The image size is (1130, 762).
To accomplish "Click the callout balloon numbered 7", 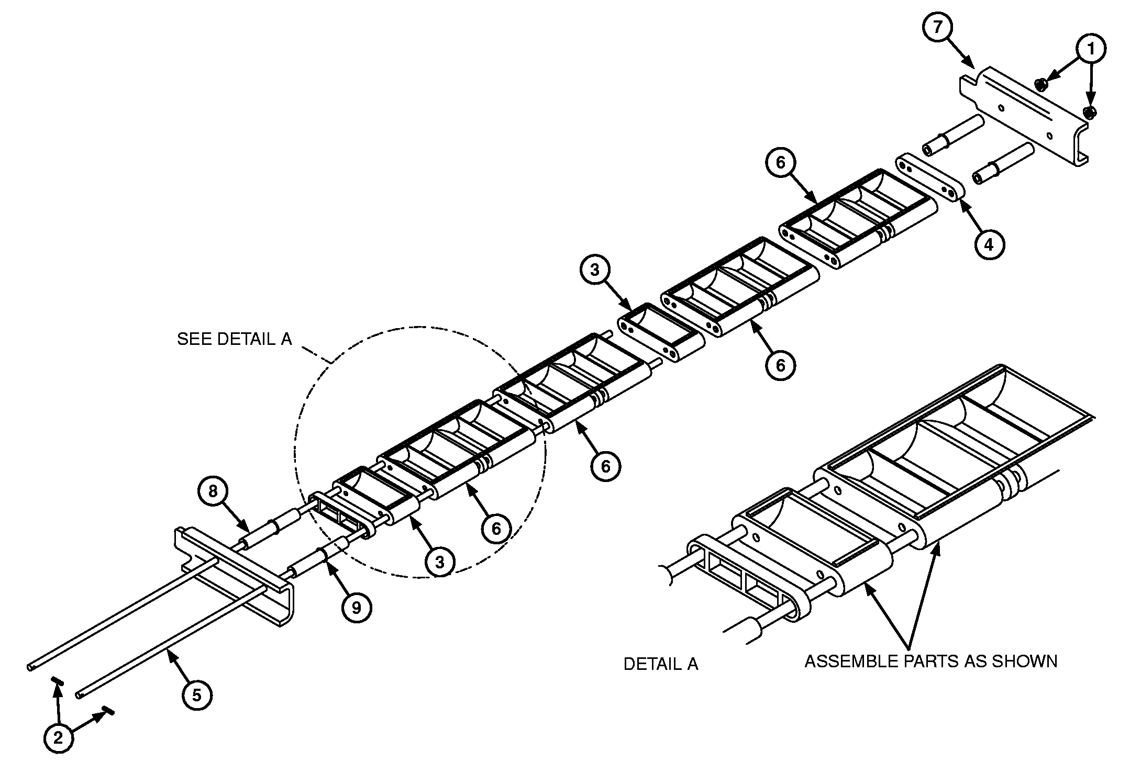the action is [x=938, y=27].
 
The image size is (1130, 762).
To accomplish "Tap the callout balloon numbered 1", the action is [x=1091, y=49].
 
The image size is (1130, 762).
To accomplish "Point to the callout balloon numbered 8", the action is [x=213, y=491].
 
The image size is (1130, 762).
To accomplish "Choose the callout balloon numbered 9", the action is [x=356, y=608].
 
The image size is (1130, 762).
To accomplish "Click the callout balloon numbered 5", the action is [x=196, y=696].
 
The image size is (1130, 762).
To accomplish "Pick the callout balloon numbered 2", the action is [x=58, y=738].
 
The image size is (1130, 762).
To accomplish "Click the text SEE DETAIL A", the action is [x=234, y=339].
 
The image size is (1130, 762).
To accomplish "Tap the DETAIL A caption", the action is [x=660, y=664].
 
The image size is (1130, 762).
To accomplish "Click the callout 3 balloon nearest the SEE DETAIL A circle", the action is [x=439, y=562].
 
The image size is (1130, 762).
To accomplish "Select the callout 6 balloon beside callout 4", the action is [x=780, y=163].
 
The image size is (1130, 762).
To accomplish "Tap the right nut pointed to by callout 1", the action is [x=1090, y=112].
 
